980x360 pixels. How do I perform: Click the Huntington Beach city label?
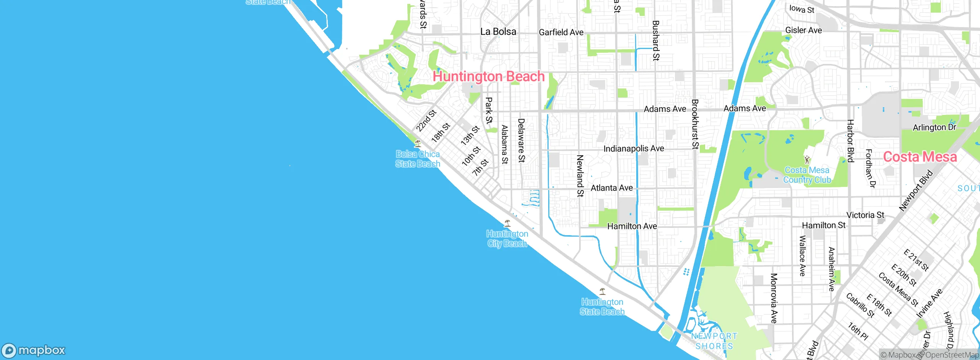pyautogui.click(x=488, y=76)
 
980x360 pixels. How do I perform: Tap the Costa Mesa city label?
pyautogui.click(x=920, y=157)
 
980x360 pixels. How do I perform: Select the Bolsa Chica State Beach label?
pyautogui.click(x=418, y=159)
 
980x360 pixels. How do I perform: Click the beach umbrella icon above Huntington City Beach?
pyautogui.click(x=507, y=223)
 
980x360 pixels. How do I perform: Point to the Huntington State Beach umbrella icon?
pyautogui.click(x=602, y=291)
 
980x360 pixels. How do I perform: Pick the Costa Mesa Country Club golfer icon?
pyautogui.click(x=807, y=159)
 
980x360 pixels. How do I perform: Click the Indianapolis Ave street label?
pyautogui.click(x=634, y=149)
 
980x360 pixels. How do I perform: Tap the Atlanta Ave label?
pyautogui.click(x=611, y=188)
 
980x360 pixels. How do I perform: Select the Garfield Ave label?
pyautogui.click(x=561, y=33)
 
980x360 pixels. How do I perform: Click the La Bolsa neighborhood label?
pyautogui.click(x=498, y=32)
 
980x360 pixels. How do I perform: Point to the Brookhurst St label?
pyautogui.click(x=695, y=124)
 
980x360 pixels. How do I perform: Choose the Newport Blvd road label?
pyautogui.click(x=916, y=191)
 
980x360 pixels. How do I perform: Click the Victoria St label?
pyautogui.click(x=865, y=215)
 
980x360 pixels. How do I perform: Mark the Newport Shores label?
pyautogui.click(x=714, y=341)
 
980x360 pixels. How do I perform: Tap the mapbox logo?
pyautogui.click(x=34, y=350)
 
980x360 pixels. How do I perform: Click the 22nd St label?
pyautogui.click(x=426, y=121)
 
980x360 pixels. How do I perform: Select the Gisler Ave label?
pyautogui.click(x=803, y=30)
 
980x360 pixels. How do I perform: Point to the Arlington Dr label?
pyautogui.click(x=934, y=128)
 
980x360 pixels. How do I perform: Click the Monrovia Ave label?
pyautogui.click(x=774, y=298)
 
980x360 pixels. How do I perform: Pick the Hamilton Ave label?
pyautogui.click(x=632, y=226)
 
